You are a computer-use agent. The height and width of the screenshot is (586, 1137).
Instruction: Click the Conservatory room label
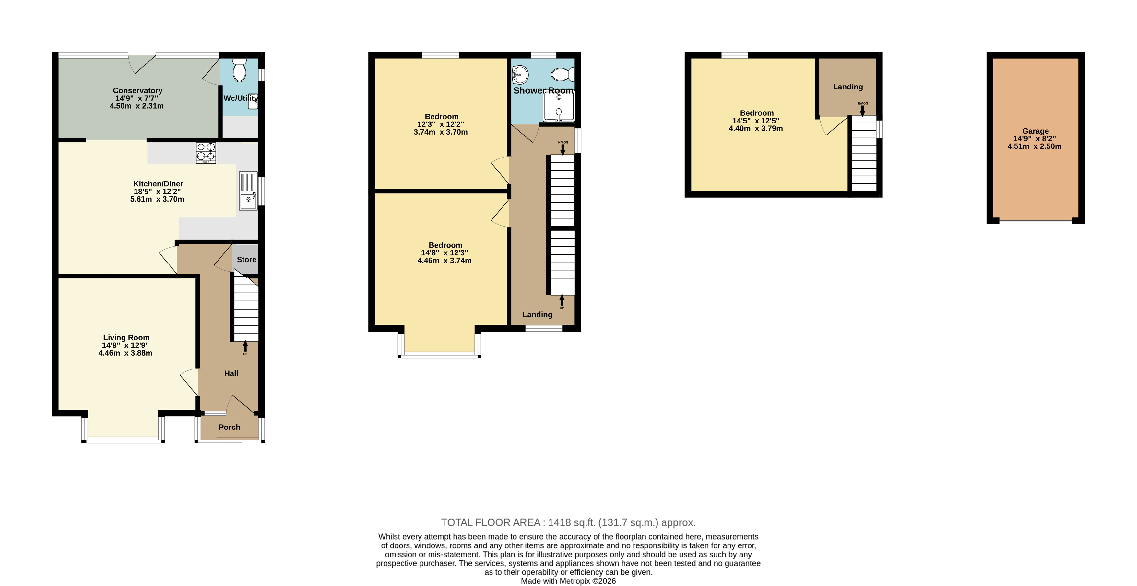tap(138, 90)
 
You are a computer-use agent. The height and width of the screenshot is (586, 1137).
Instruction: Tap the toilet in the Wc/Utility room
tap(239, 71)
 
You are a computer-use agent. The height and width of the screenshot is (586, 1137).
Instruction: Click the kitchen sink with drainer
tap(248, 191)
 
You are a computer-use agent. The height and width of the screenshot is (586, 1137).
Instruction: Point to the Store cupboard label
tap(246, 260)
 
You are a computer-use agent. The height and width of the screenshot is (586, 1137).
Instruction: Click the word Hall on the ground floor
tap(231, 373)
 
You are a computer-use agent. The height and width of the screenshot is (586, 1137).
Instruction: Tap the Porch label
tap(230, 427)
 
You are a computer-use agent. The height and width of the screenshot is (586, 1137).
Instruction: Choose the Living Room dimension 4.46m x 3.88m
tap(125, 353)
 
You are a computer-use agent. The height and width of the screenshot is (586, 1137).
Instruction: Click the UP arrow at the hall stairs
tap(245, 346)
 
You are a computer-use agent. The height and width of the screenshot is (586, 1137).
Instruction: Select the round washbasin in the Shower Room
tap(520, 75)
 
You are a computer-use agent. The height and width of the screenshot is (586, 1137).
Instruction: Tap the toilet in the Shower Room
tap(563, 75)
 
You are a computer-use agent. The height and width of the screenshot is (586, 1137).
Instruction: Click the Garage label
tap(1036, 131)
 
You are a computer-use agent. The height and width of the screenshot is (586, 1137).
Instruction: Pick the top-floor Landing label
tap(848, 87)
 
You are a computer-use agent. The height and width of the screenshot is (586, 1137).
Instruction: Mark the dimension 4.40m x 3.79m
tap(756, 128)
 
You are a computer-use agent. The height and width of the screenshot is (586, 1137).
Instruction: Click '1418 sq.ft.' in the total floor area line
tap(572, 522)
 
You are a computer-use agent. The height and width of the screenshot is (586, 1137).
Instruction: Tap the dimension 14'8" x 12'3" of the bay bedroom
tap(444, 253)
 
